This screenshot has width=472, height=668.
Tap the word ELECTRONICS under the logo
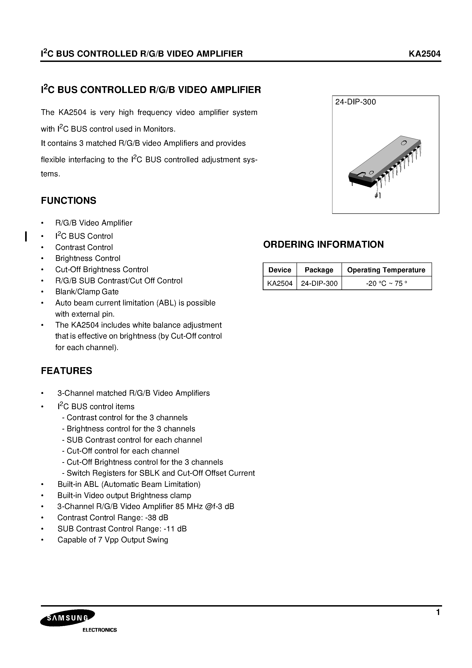tap(100, 630)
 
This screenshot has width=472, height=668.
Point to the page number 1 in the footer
tap(438, 612)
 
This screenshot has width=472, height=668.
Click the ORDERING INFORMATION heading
tap(323, 244)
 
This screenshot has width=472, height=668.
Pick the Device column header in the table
tap(280, 270)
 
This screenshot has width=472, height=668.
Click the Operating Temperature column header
tap(386, 270)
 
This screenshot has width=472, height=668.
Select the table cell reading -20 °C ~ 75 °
tap(386, 283)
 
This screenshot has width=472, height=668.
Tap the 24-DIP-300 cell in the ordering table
tap(319, 283)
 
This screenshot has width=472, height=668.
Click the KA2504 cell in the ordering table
tap(280, 283)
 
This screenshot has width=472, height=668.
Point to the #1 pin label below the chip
tap(378, 196)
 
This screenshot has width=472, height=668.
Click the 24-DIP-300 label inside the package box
tap(355, 102)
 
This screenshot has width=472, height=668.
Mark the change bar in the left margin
tap(26, 236)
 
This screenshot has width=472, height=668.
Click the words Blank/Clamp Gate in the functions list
tap(87, 292)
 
